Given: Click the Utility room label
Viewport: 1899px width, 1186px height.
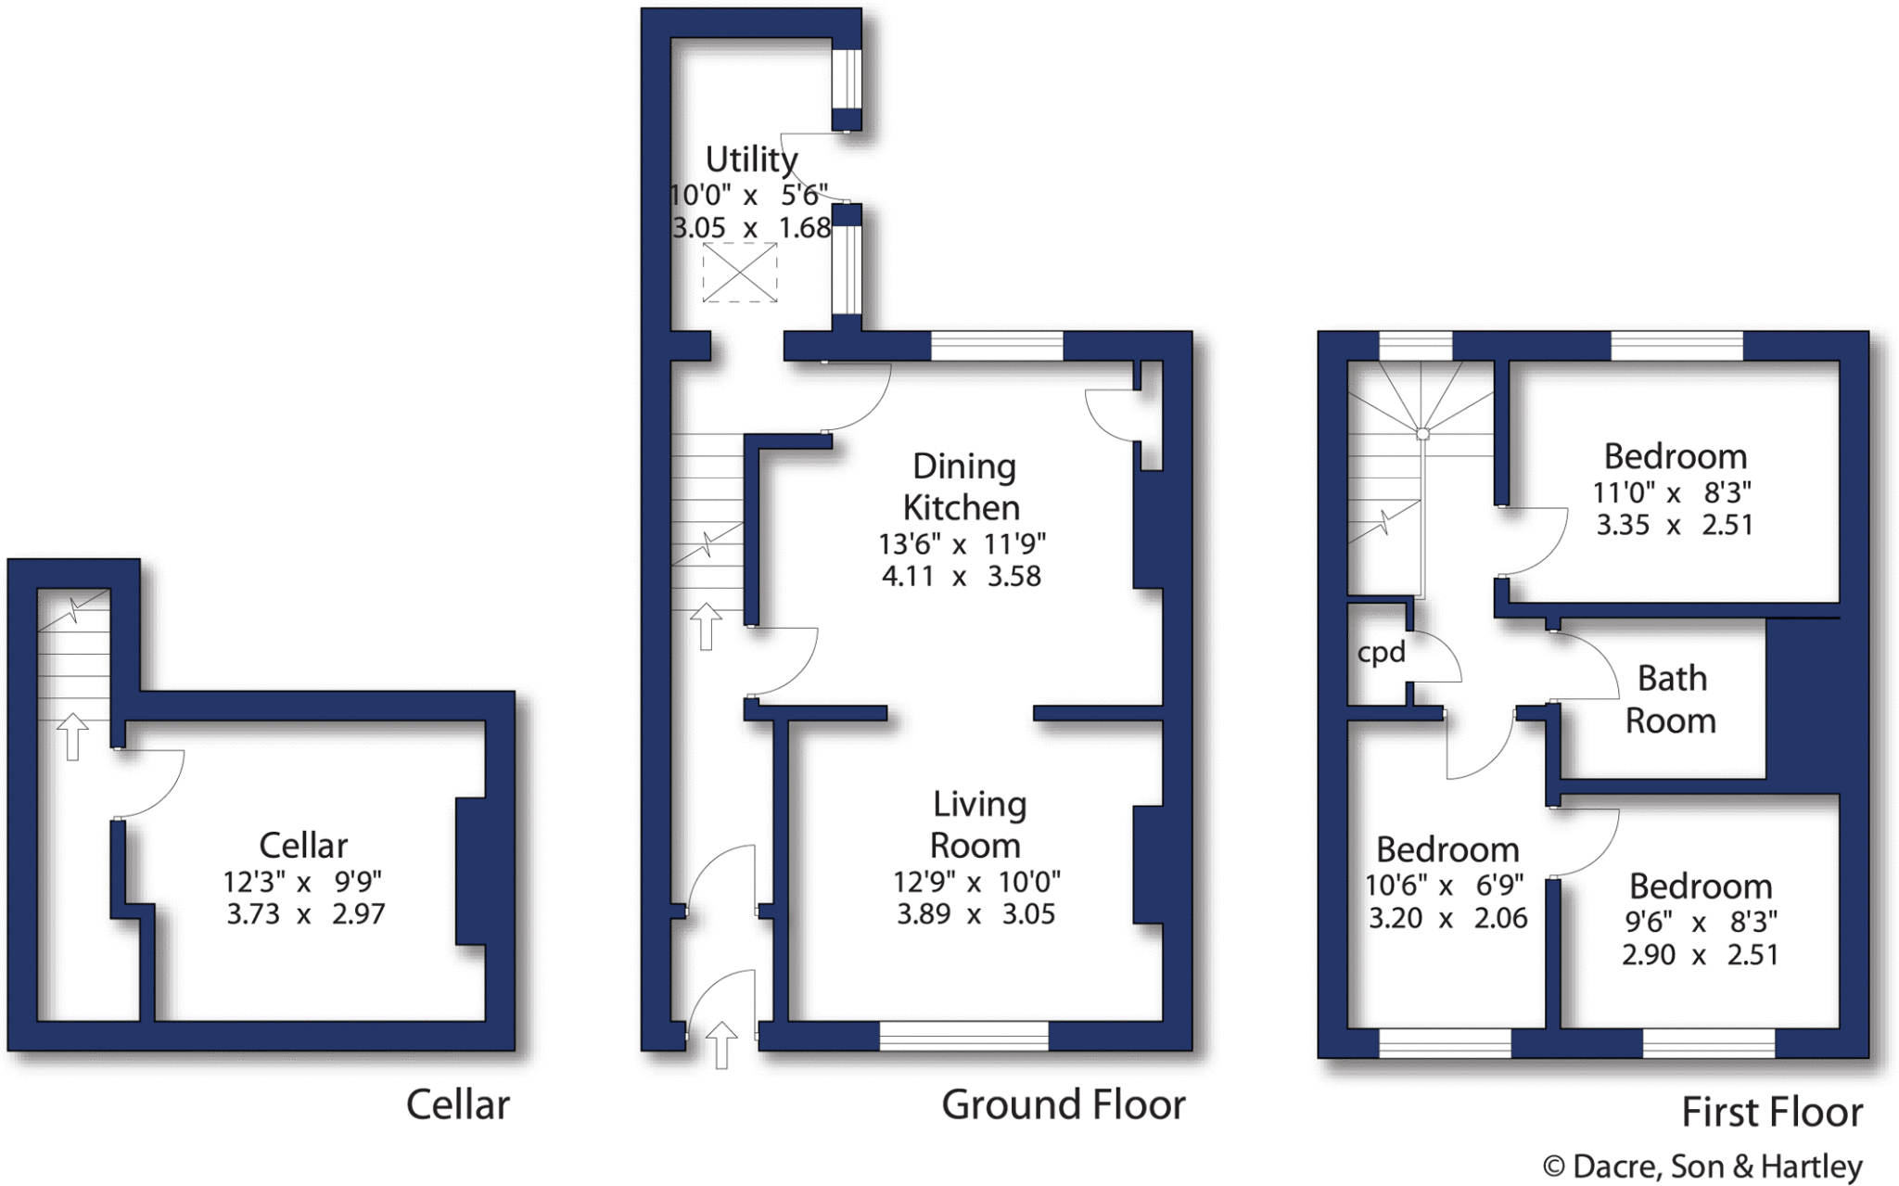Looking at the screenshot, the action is pos(751,159).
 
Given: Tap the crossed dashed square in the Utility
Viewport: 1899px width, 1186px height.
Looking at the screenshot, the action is pos(739,272).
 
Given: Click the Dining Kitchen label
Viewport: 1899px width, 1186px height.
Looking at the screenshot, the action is pos(962,487).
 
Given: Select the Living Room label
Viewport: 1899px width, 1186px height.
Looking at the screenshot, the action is pos(978,824).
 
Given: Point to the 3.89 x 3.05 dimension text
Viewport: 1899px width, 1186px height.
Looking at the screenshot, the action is pos(976,914).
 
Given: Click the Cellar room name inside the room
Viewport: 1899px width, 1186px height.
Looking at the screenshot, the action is pos(303,846).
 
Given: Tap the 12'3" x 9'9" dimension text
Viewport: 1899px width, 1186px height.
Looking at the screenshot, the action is pos(302,880).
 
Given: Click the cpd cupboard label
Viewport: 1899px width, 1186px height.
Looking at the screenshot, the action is pos(1382,653).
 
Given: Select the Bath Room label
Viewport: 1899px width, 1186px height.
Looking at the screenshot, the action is pos(1671,699).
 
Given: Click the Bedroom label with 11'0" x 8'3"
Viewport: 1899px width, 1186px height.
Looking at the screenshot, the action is pos(1676,456).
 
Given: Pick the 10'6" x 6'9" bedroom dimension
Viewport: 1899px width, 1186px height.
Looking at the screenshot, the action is pos(1445,886).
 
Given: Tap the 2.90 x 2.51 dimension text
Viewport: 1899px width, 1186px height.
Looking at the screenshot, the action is pos(1701,954).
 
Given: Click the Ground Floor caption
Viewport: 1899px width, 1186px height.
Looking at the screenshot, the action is pos(1064,1104).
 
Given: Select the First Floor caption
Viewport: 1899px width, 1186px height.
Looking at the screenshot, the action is pos(1772,1112).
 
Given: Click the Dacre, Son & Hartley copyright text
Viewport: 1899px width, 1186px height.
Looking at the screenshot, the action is pos(1702,1166).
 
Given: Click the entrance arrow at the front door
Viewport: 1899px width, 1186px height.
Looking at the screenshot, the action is pos(721,1045).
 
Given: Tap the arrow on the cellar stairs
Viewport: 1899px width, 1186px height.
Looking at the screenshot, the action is pos(72,737).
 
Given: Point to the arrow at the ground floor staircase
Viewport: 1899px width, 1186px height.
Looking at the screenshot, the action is pos(707,626).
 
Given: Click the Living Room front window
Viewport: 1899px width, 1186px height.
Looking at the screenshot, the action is pos(963,1036).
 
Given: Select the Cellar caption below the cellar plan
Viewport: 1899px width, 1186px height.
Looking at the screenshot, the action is pos(458,1104).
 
